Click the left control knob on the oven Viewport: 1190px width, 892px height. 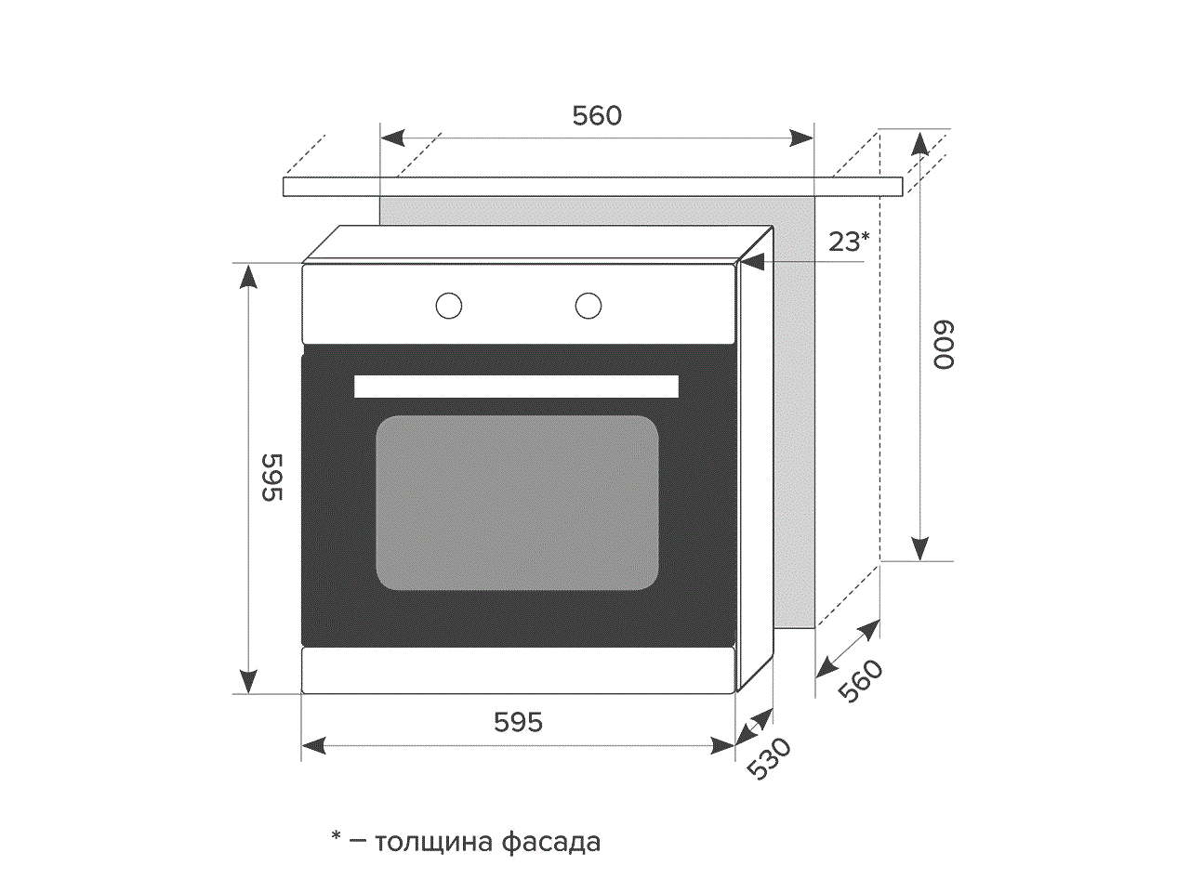449,306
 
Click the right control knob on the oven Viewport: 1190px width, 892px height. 588,306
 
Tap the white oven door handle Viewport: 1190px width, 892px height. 516,387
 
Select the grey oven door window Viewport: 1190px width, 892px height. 517,503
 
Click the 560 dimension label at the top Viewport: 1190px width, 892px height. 597,116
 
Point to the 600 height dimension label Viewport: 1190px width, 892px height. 943,345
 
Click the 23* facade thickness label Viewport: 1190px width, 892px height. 849,242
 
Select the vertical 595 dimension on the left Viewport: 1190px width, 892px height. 272,478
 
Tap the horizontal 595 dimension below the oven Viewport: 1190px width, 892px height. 518,723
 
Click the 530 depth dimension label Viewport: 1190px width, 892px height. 769,759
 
